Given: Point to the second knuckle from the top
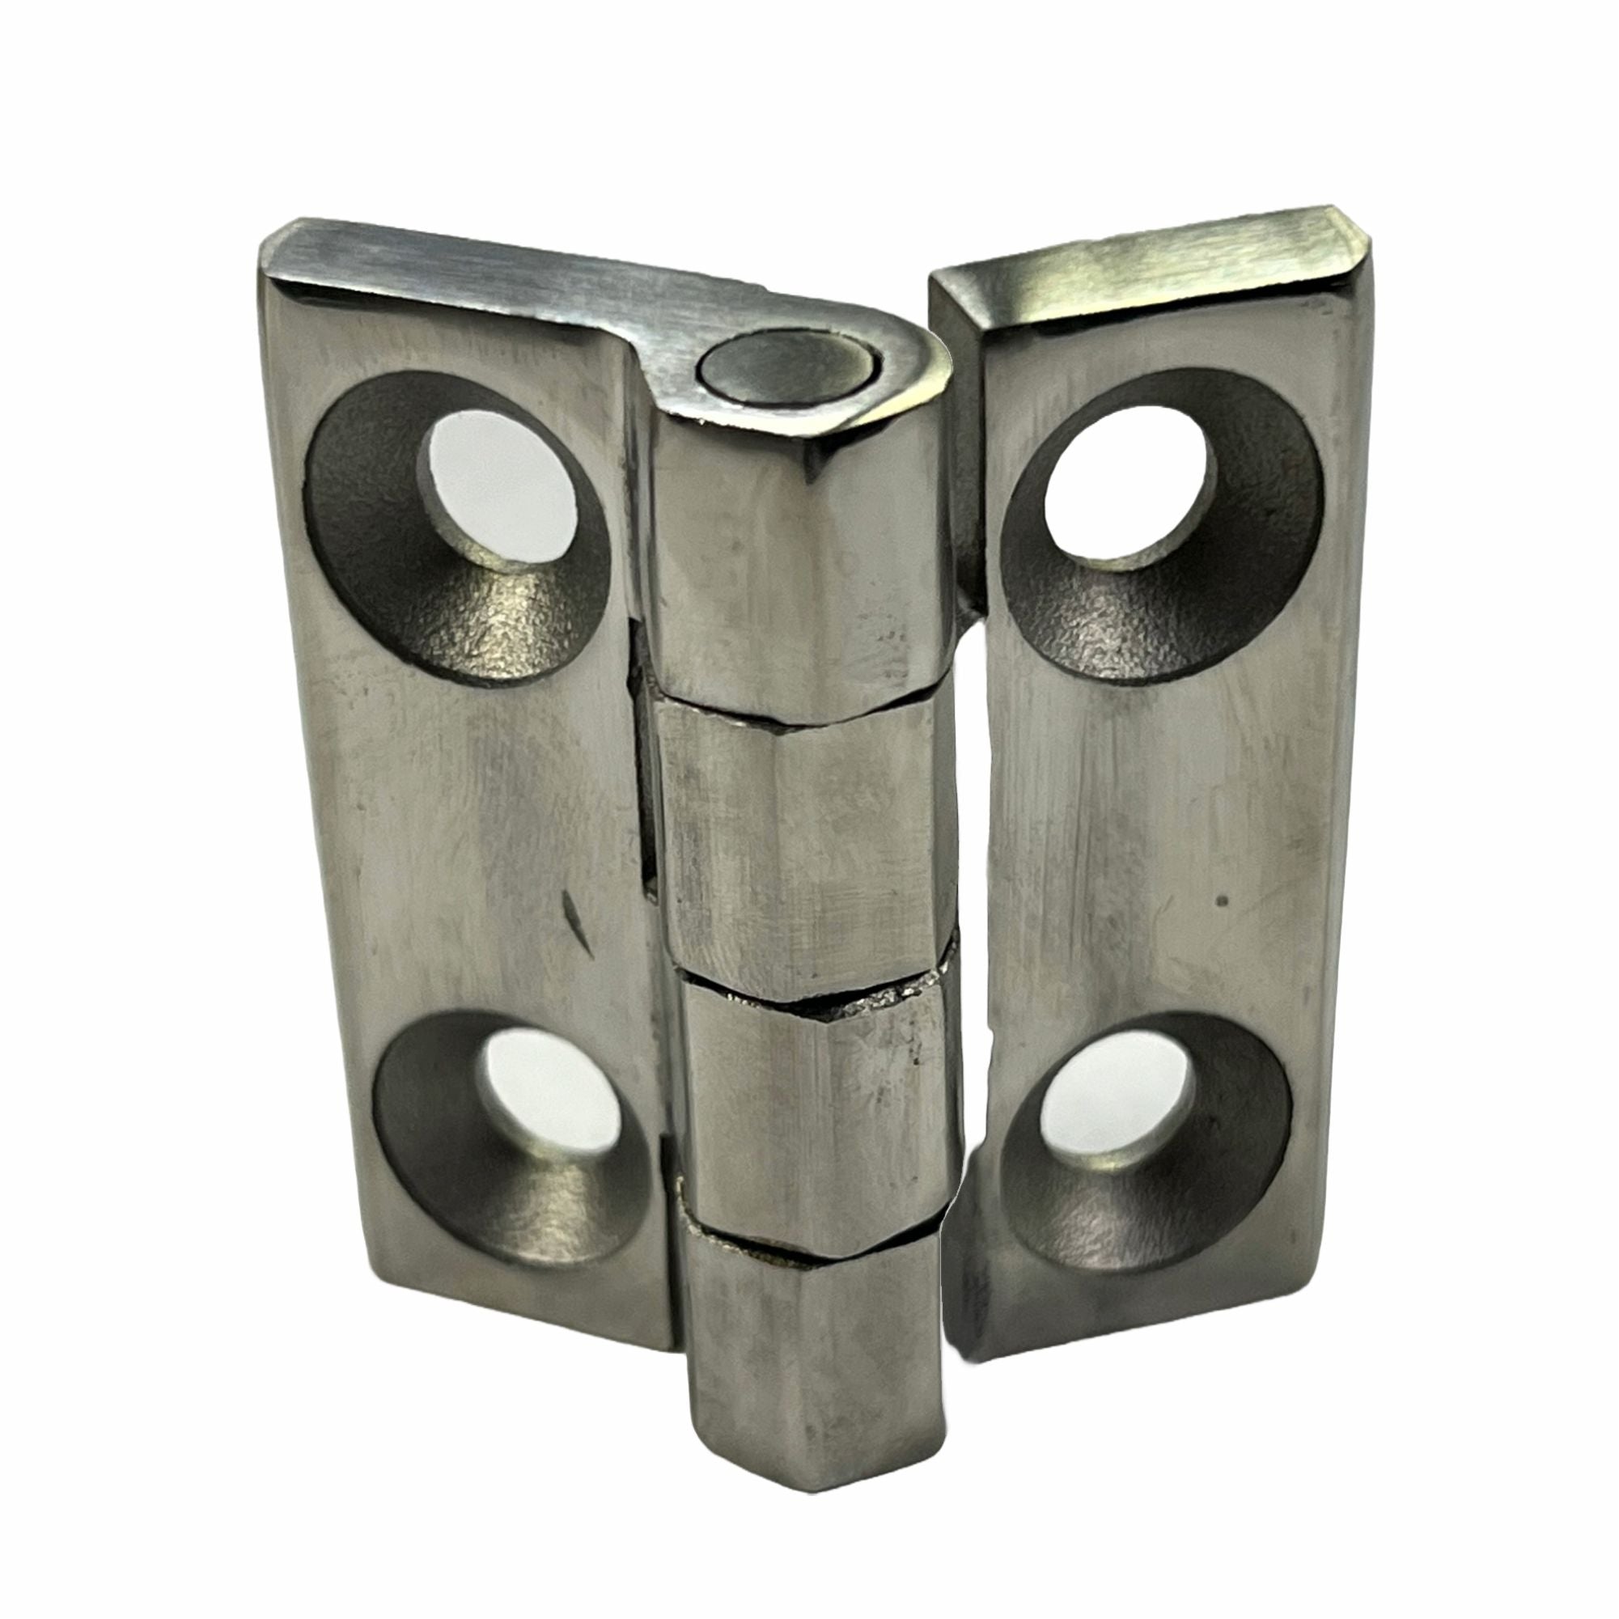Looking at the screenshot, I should click(804, 846).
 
